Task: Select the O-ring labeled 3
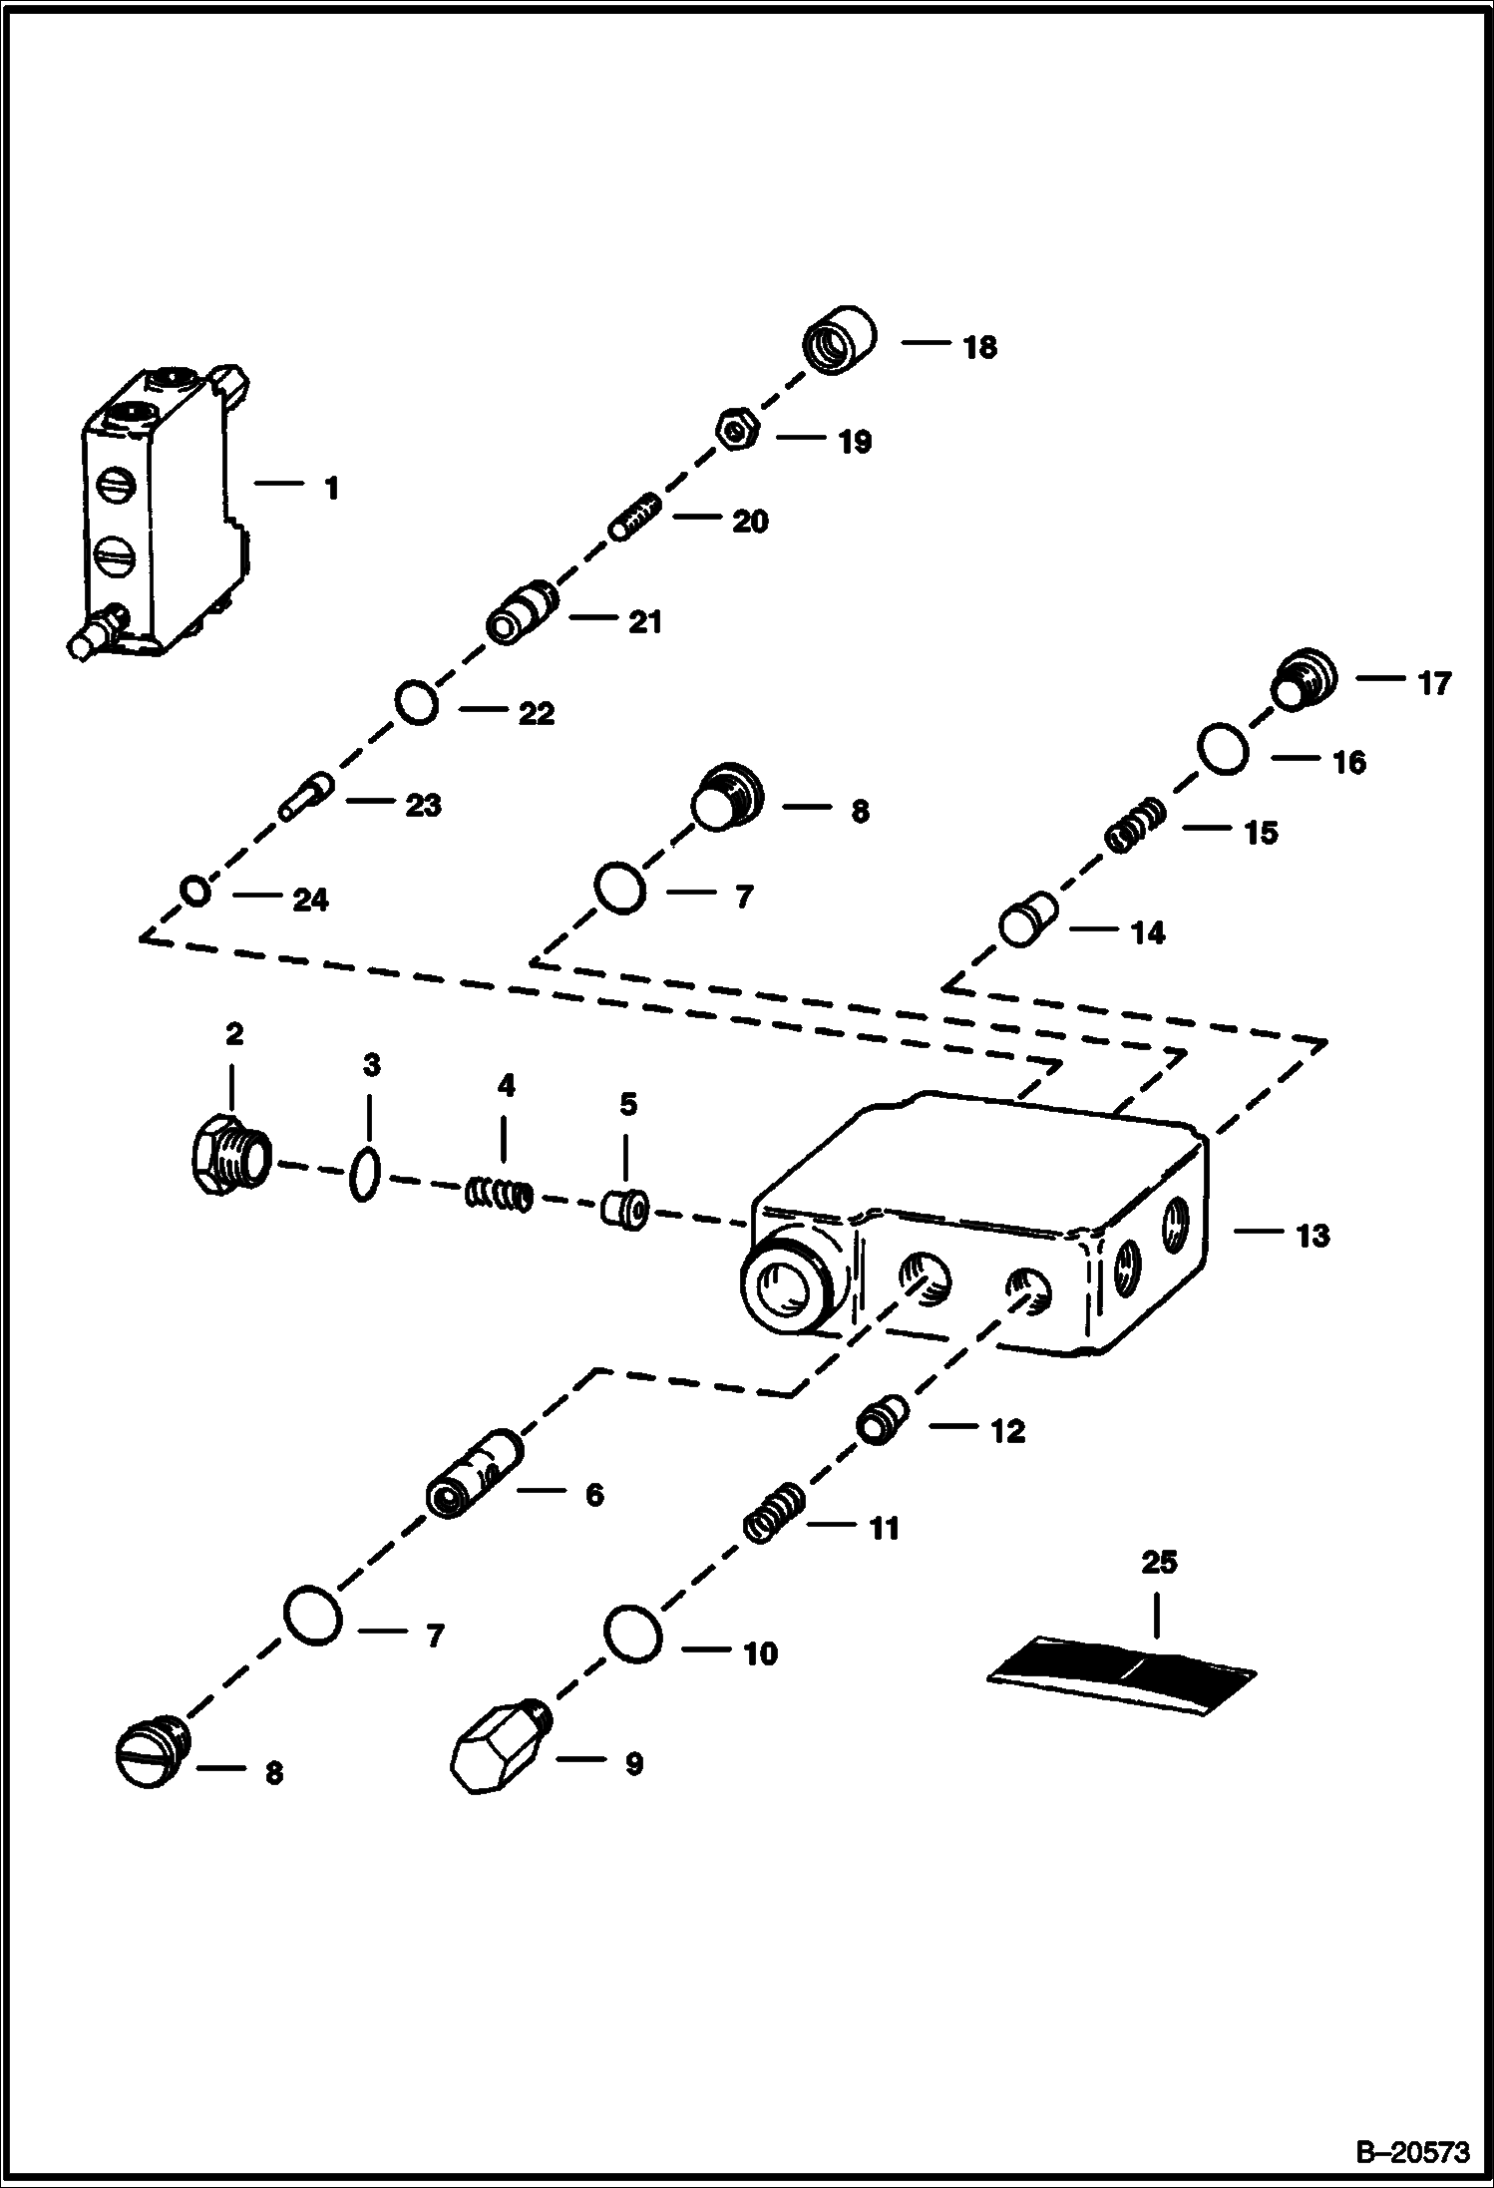point(365,1176)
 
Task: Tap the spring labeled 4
point(500,1194)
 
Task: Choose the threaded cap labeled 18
point(839,340)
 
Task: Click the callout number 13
point(1311,1236)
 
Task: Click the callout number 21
point(645,622)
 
